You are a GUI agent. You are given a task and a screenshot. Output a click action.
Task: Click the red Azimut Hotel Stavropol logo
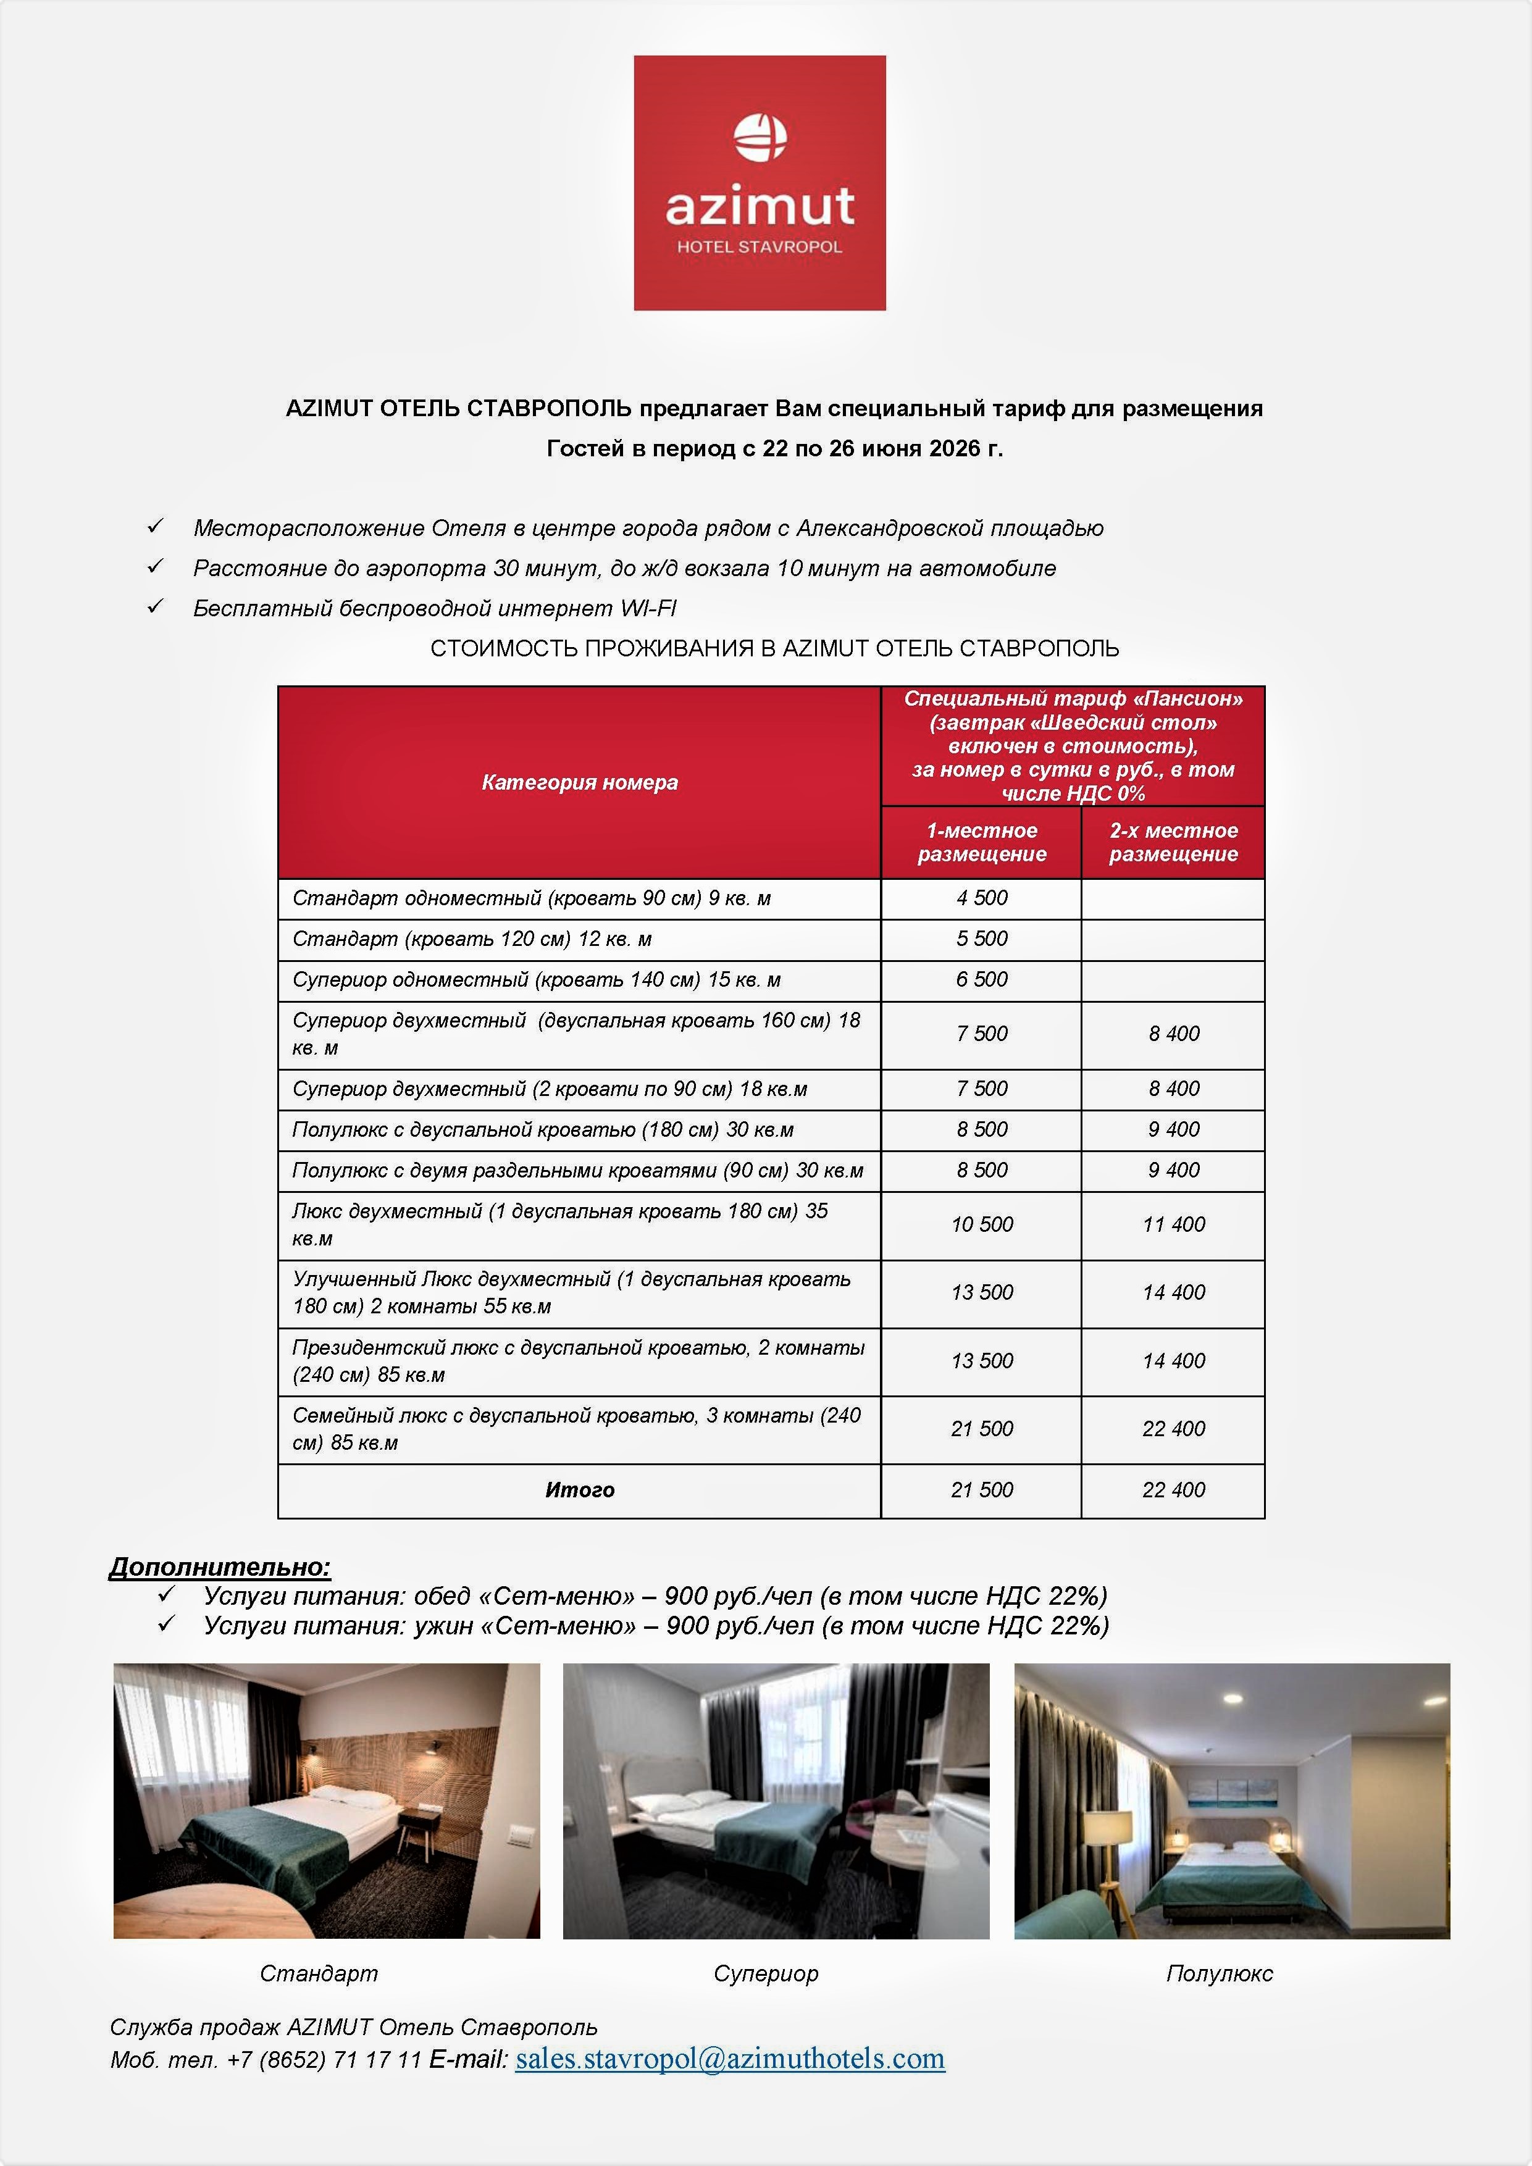760,182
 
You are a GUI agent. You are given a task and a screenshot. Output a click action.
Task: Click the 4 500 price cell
981,898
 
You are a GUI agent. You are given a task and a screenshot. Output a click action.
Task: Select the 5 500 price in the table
981,939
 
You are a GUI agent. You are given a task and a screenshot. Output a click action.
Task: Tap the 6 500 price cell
981,979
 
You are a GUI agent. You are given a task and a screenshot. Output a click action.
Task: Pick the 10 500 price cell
981,1224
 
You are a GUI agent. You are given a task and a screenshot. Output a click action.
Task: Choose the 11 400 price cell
1173,1224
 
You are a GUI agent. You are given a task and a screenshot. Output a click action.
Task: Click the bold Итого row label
579,1490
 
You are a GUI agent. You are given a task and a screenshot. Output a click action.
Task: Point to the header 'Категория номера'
579,782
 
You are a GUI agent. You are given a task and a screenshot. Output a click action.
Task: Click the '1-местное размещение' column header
981,842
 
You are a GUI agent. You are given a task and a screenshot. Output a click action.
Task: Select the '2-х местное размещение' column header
1173,842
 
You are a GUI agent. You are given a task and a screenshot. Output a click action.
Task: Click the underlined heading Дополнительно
220,1567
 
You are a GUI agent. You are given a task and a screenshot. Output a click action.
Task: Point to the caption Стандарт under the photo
319,1973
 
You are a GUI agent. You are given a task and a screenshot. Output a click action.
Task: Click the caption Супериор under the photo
766,1973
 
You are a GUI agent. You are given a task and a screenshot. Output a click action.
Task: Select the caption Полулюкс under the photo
1219,1973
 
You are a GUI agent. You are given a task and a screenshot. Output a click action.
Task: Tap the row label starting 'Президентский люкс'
577,1360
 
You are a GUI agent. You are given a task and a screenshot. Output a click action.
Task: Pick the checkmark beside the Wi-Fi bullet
156,606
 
